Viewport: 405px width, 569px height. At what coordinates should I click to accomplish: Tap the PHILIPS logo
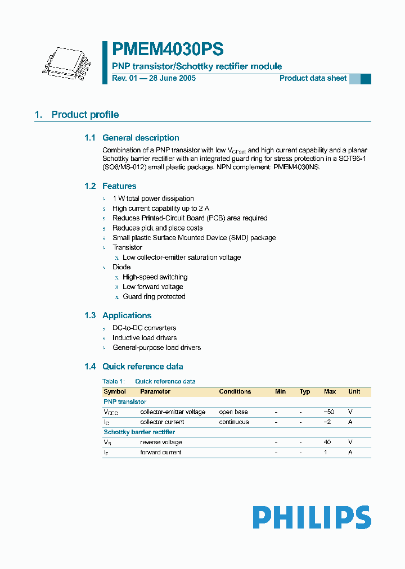311,517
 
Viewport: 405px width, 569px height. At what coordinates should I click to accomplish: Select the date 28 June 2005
172,78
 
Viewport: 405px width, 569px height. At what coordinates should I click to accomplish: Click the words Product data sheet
313,78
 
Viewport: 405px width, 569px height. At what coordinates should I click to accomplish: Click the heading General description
141,138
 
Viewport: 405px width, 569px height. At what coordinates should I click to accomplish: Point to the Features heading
119,186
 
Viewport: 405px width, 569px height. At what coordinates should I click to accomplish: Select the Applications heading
127,315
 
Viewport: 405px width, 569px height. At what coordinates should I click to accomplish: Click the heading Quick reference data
142,367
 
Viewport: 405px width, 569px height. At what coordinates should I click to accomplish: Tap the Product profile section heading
85,115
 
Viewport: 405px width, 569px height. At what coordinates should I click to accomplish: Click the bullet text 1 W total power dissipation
153,198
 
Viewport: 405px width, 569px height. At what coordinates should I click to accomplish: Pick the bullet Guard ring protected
154,297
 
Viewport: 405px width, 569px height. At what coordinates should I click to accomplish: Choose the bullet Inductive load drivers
145,338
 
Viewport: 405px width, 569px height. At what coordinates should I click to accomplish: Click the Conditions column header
235,391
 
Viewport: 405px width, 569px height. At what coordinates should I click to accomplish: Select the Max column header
330,391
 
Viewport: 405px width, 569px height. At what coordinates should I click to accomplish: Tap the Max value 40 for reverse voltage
327,442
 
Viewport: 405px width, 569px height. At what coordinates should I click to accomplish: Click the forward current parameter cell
160,452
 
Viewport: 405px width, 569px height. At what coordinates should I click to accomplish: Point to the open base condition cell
233,412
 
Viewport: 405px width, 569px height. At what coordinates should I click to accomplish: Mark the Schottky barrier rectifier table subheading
139,432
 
